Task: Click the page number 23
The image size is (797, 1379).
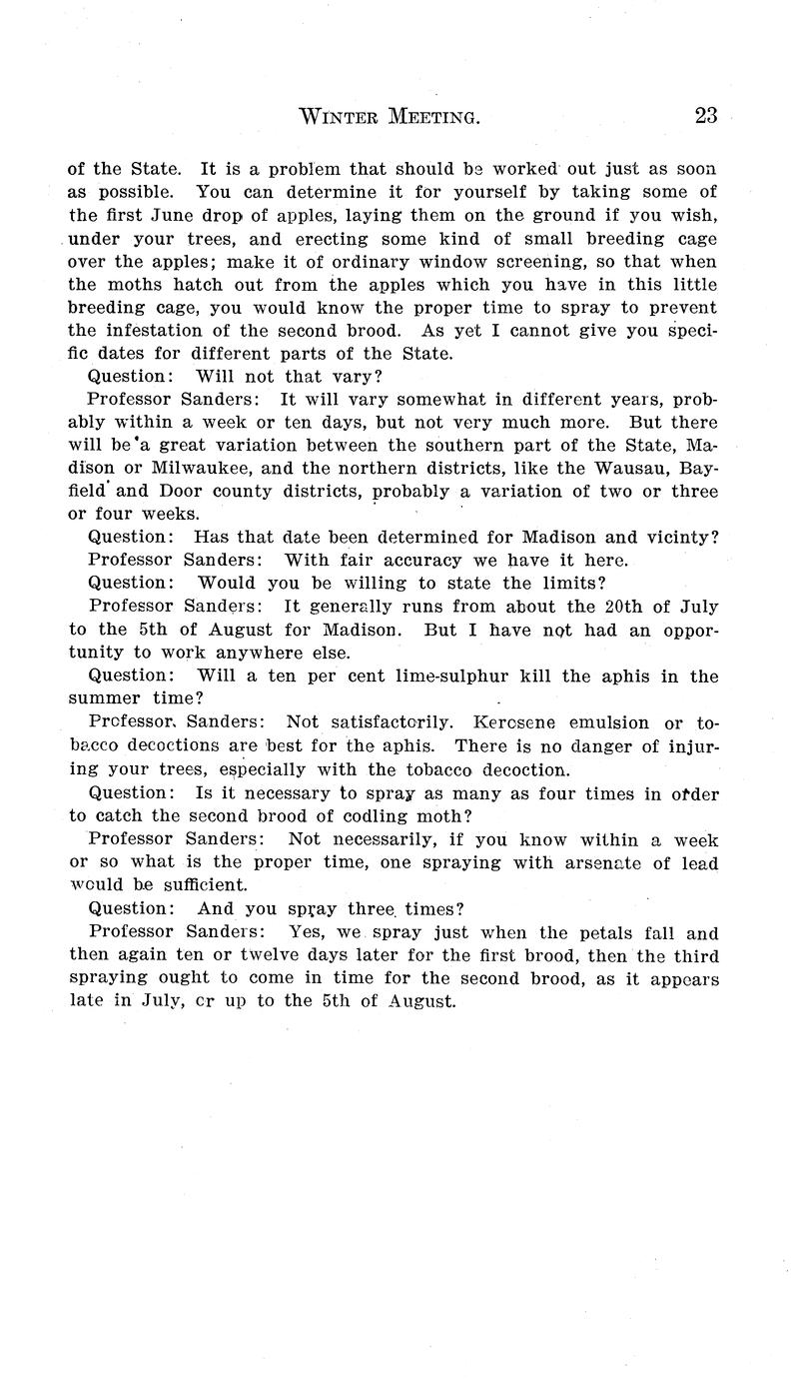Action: [x=705, y=116]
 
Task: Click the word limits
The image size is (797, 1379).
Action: [x=571, y=583]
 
